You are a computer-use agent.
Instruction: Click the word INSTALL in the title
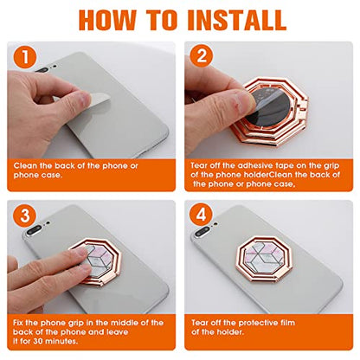pos(236,20)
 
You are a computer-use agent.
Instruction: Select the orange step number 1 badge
pos(25,57)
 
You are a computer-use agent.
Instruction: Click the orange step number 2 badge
pos(202,55)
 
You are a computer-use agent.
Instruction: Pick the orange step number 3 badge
pos(25,215)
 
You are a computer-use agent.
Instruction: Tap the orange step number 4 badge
pos(201,215)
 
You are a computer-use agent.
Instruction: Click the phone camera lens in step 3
pos(34,230)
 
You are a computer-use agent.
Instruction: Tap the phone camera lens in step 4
pos(201,232)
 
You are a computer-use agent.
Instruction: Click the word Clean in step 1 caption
pos(25,166)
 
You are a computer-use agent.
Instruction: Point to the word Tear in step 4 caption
pos(200,323)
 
